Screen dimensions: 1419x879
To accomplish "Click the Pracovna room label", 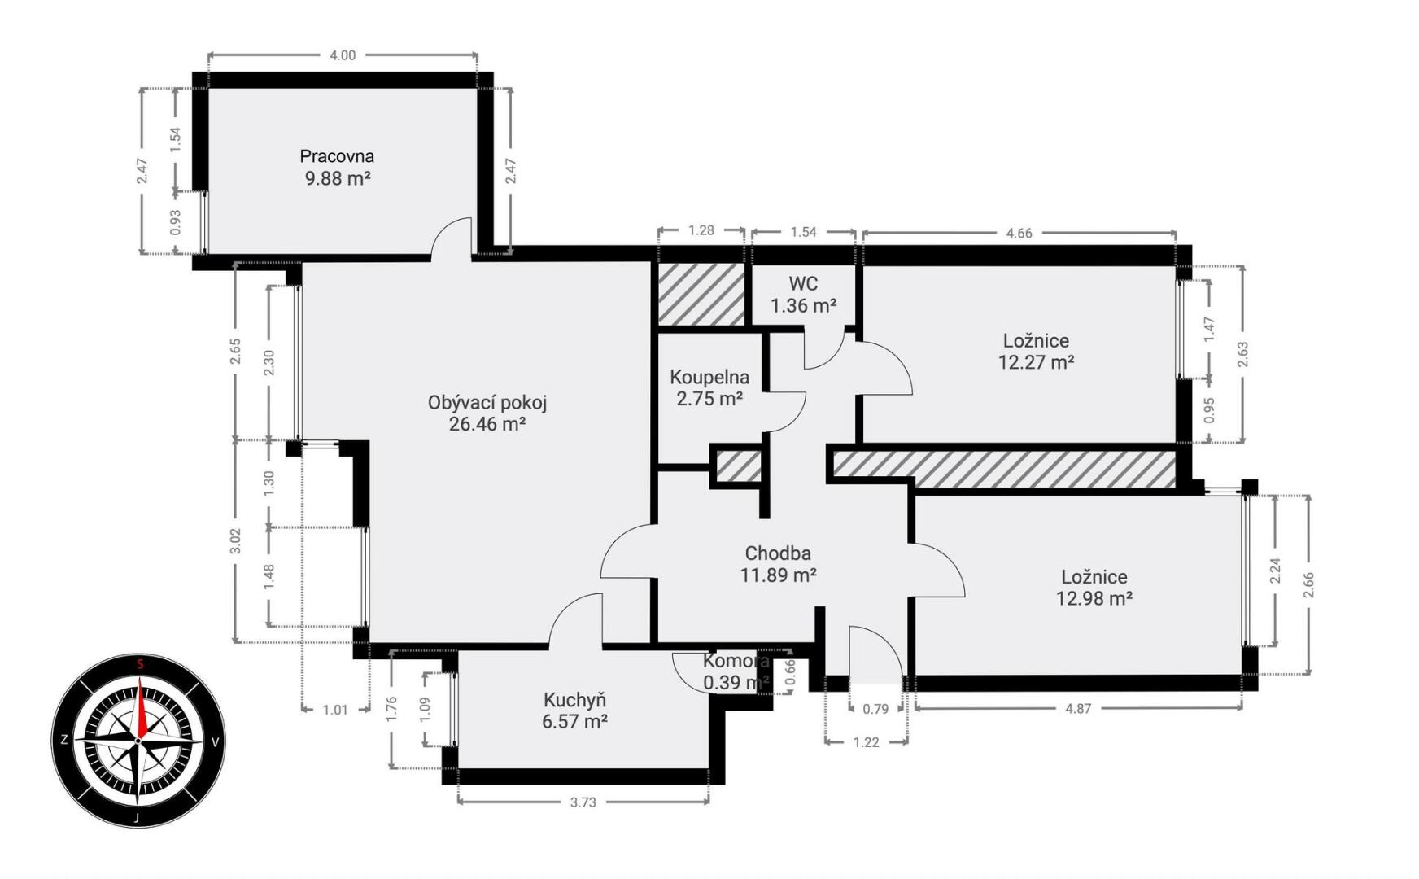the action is coord(337,156).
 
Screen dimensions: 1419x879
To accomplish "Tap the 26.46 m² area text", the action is coord(487,423).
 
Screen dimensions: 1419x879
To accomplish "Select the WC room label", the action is coord(803,284).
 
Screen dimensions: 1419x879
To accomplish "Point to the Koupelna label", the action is coord(709,377).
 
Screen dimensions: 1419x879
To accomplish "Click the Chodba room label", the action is coord(778,553).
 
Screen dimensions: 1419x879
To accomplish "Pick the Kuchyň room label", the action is coord(575,700).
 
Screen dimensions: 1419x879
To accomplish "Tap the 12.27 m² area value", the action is coord(1036,361).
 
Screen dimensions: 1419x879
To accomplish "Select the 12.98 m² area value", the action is coord(1094,598).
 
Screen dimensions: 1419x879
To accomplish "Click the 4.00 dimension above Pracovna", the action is coord(343,55).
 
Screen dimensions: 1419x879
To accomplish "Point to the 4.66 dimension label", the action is coord(1019,233).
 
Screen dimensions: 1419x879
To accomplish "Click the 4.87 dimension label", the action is coord(1078,708).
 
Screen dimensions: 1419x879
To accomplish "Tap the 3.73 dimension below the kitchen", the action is coord(583,802).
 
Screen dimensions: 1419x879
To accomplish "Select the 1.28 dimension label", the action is coord(701,230).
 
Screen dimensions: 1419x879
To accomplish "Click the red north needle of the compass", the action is coord(142,707).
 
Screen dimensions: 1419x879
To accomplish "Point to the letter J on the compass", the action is coord(137,817).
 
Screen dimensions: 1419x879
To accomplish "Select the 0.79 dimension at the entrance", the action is coord(875,709).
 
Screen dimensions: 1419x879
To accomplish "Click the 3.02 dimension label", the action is coord(235,541).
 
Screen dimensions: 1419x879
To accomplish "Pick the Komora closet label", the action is coord(736,661).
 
